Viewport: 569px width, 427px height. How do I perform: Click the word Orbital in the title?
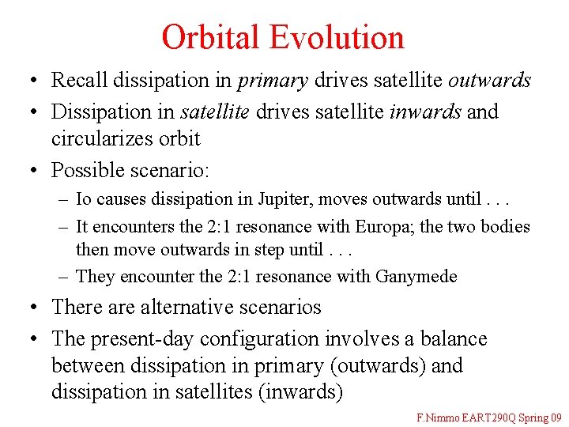[211, 37]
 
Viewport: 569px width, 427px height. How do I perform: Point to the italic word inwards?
[426, 111]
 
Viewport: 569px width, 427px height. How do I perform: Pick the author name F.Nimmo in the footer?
[436, 417]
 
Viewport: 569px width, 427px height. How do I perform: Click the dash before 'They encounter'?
[63, 276]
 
